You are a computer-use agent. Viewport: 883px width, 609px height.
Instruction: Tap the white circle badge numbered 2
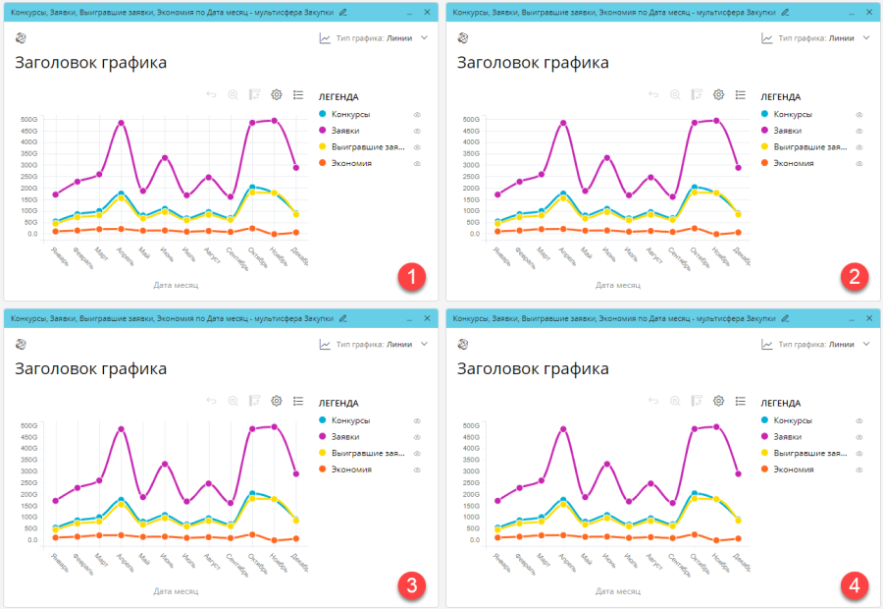point(855,277)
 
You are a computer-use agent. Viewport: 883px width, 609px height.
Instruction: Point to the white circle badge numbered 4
point(855,585)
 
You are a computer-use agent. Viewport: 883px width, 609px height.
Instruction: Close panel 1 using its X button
point(427,11)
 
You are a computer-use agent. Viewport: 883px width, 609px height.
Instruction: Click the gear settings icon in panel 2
point(718,95)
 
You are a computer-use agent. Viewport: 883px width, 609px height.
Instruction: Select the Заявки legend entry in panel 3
point(344,436)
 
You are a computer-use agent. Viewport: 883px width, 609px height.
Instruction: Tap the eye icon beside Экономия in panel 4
point(859,469)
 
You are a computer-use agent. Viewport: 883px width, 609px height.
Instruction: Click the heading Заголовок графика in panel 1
point(90,63)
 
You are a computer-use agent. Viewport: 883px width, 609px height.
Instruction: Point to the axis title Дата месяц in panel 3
point(177,591)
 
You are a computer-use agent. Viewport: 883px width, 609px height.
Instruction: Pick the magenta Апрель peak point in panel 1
point(122,124)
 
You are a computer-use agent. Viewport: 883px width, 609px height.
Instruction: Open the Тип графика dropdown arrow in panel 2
point(866,38)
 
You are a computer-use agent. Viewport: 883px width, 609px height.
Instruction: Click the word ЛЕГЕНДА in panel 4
point(780,403)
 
